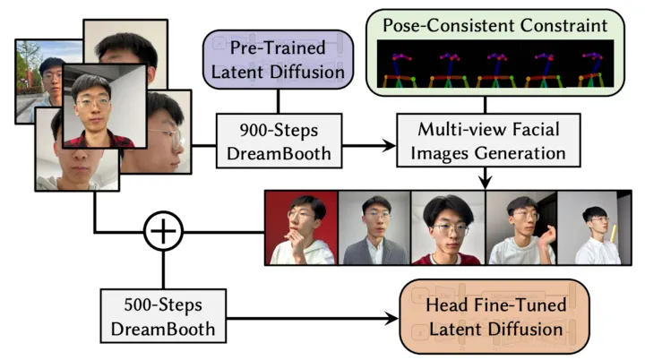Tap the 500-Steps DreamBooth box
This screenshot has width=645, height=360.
[x=162, y=316]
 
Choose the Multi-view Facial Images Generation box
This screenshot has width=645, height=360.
[x=487, y=141]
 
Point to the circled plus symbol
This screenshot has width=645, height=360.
[x=163, y=234]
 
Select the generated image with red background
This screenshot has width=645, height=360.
[x=302, y=227]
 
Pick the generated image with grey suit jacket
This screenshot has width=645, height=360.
[x=374, y=227]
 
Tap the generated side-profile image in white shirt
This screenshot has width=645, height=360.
[x=593, y=227]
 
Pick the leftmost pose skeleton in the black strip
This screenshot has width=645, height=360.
[x=401, y=64]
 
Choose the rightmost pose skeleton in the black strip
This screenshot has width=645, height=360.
[x=588, y=64]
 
